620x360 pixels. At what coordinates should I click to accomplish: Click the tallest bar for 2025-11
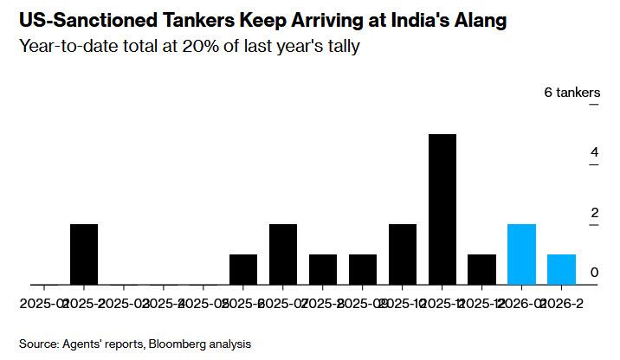click(442, 209)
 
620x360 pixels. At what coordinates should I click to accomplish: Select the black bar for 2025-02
click(84, 254)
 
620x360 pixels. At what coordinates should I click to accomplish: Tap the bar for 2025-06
click(243, 269)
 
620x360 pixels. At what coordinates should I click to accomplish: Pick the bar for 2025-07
click(283, 254)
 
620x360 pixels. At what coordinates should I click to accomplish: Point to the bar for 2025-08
click(323, 269)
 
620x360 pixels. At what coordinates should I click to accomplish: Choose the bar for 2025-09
click(363, 269)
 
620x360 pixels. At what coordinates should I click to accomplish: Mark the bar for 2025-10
click(403, 254)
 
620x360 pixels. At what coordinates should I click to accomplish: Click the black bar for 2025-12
click(482, 269)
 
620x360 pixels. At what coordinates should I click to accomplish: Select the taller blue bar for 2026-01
click(522, 254)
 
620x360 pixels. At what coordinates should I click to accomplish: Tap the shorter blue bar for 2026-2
click(562, 269)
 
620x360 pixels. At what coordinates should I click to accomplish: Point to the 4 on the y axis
click(594, 153)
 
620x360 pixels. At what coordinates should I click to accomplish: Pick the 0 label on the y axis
click(594, 273)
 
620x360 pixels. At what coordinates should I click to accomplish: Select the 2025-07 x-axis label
click(283, 304)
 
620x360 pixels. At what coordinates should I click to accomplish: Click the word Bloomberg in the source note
click(178, 344)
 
